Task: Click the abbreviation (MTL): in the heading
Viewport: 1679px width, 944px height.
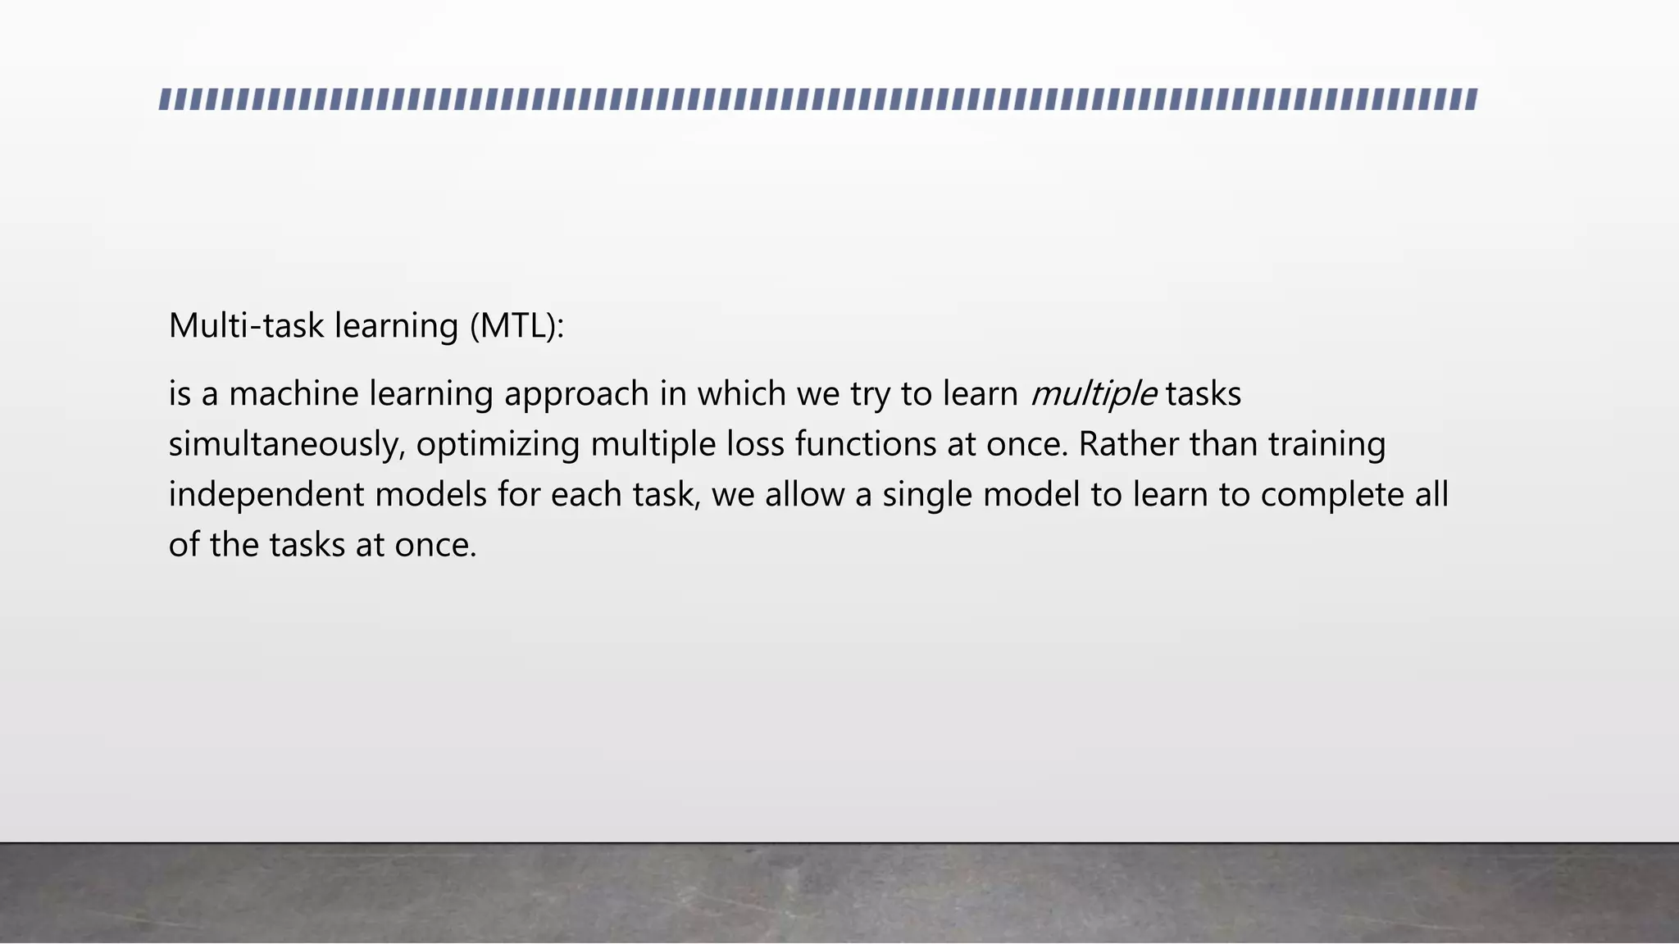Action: [517, 326]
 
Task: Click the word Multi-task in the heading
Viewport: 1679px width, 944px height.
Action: [246, 326]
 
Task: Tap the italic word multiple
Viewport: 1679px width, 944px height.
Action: [1093, 394]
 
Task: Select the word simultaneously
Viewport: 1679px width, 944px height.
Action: [287, 445]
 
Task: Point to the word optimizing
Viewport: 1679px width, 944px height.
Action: [498, 445]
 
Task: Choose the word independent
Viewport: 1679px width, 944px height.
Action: [266, 496]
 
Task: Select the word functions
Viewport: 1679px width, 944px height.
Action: [865, 445]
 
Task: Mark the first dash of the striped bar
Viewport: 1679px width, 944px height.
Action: [165, 100]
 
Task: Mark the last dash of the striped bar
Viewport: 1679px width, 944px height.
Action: [1471, 100]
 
